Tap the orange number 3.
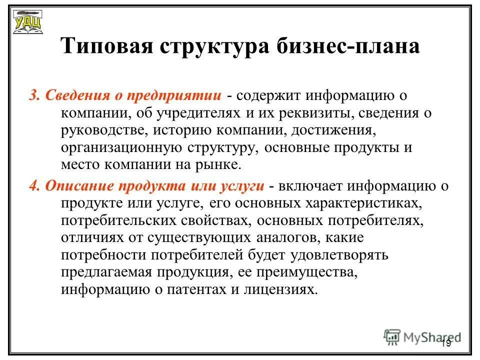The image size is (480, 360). (33, 95)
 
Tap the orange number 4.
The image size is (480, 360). (33, 186)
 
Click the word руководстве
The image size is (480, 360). (103, 130)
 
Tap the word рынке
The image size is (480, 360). (221, 165)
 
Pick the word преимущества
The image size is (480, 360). (310, 272)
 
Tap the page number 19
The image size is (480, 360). (446, 343)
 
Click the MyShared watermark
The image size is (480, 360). (422, 336)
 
